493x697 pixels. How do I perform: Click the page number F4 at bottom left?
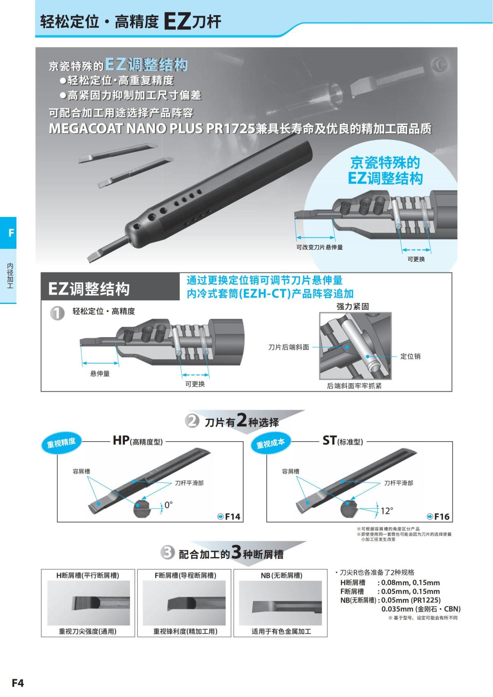coord(18,683)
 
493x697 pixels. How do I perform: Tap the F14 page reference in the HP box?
coord(229,517)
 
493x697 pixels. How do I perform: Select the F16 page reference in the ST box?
coord(438,517)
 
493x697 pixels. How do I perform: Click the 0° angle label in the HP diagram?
coord(168,505)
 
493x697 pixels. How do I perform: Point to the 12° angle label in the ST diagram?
coord(387,511)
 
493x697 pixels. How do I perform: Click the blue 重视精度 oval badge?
coord(61,442)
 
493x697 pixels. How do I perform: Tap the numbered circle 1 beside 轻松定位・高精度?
coord(57,313)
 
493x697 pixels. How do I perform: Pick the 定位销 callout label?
coord(410,357)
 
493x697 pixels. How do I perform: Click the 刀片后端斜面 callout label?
coord(288,347)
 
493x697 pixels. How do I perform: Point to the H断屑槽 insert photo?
coord(88,603)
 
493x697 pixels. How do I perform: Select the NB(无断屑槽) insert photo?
coord(280,603)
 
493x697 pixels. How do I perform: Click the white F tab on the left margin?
coord(11,233)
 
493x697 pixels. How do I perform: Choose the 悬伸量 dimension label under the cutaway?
coord(100,374)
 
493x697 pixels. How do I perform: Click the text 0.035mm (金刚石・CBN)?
coord(421,609)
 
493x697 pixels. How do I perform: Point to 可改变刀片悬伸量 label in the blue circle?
coord(319,247)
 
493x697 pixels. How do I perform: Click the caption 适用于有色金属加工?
coord(281,631)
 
